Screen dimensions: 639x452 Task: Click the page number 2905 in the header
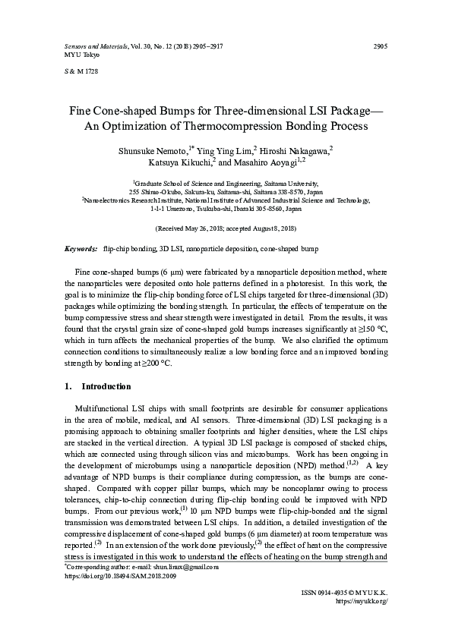point(381,46)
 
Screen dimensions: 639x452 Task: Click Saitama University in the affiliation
point(291,184)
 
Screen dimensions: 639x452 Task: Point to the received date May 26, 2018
point(193,228)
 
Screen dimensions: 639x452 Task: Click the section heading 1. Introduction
point(90,386)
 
